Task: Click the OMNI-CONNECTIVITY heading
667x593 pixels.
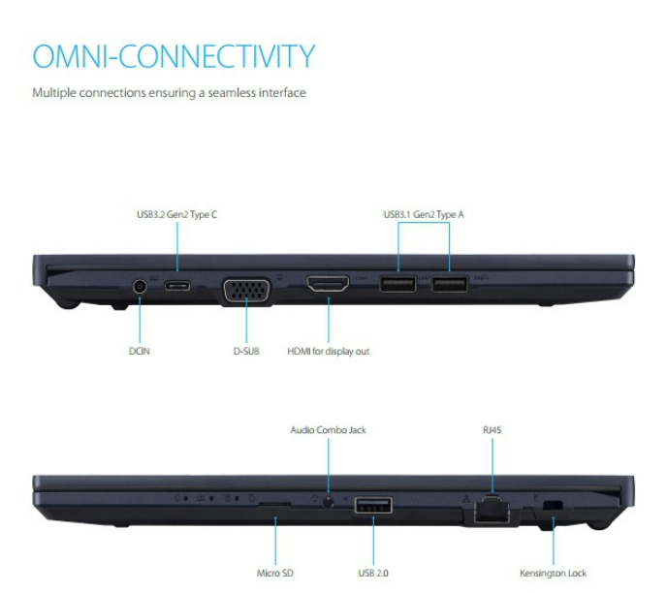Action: [174, 55]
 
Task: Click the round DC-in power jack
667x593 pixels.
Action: [141, 286]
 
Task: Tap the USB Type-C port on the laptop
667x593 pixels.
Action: [177, 286]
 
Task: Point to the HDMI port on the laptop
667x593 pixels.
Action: [328, 286]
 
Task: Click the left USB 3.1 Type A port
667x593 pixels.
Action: [398, 285]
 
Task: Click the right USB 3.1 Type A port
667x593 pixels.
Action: [448, 285]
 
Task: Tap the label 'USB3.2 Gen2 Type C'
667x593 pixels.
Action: [176, 214]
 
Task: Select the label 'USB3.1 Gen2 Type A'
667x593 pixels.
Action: [424, 214]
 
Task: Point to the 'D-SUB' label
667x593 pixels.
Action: [247, 351]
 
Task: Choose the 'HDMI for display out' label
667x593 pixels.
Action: [329, 351]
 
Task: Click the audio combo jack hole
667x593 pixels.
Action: [330, 502]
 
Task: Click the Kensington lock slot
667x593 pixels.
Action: [553, 505]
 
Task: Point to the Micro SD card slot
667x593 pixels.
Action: [275, 503]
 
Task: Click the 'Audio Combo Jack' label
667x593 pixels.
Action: [329, 429]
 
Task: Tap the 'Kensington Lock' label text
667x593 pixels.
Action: [553, 573]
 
